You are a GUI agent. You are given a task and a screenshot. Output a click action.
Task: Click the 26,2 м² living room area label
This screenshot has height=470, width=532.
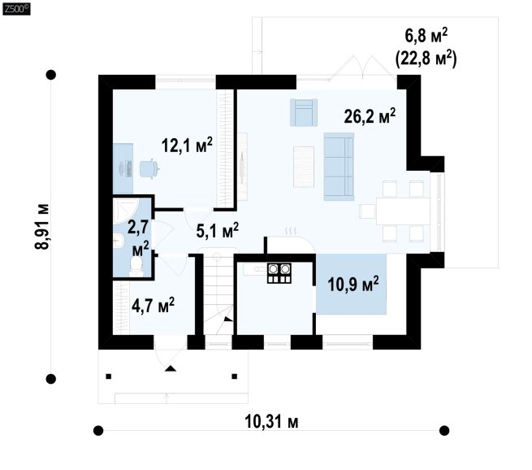coord(370,116)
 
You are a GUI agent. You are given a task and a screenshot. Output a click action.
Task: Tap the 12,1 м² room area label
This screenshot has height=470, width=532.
coord(187,145)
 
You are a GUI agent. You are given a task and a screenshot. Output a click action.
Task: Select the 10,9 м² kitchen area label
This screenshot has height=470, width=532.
coord(353,284)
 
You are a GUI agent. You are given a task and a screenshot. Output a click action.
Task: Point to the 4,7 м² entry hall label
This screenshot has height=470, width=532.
coord(153,305)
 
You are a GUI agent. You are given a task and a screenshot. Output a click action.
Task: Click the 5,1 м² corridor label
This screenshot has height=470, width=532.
coord(217,231)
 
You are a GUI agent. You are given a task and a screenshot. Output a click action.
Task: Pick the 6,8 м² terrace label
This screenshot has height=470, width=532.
coord(426,35)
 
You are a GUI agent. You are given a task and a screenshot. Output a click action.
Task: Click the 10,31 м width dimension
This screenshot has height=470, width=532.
coord(271,422)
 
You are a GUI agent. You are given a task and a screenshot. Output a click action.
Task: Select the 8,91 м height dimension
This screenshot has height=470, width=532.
coord(42,227)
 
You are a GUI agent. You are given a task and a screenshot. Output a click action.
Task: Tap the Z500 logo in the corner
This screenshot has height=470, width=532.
coord(16,8)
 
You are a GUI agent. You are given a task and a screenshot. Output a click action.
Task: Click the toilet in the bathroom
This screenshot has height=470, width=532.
coord(136,266)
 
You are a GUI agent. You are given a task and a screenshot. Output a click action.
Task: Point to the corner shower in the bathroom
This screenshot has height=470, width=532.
coord(125,211)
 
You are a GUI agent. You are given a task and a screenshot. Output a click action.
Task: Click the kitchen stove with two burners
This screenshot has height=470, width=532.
coord(279,273)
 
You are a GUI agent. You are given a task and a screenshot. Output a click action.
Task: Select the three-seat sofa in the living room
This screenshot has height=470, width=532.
coord(339,167)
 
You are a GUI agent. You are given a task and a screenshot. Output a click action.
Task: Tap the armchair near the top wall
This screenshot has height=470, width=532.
coord(304,112)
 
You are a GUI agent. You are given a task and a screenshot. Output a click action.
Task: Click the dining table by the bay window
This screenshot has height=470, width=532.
coord(403,211)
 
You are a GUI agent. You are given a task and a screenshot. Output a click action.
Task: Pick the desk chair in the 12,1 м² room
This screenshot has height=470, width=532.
coord(149,168)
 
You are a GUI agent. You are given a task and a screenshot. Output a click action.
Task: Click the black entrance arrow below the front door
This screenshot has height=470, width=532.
coord(171,368)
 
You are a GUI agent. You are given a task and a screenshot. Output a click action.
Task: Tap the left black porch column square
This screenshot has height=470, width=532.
coord(109,376)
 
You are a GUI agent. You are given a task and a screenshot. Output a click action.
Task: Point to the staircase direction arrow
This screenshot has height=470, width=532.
coord(228,319)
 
